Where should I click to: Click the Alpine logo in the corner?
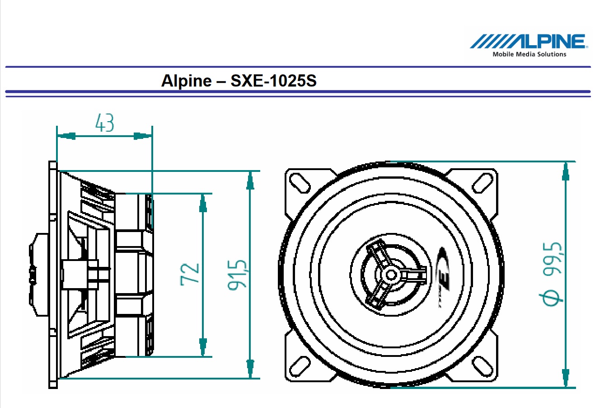click(528, 42)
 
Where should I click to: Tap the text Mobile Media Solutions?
click(529, 54)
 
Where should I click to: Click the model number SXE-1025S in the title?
click(274, 81)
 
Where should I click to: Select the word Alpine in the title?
click(186, 81)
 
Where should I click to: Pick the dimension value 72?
click(190, 273)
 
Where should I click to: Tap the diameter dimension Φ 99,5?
click(552, 274)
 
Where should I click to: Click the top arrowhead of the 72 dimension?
click(203, 204)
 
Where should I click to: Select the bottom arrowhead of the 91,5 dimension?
click(250, 369)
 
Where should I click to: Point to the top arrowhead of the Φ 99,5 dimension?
click(565, 171)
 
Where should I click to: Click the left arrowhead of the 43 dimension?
click(66, 136)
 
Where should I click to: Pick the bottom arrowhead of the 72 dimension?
click(203, 347)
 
